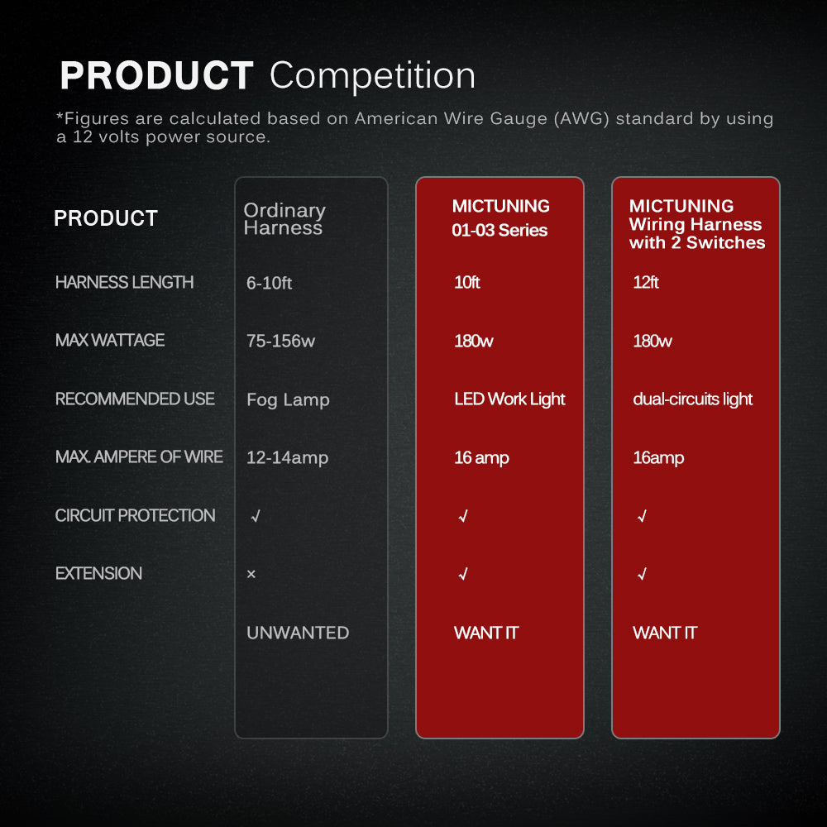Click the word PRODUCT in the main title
156,75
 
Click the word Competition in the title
372,75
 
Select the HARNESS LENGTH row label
125,282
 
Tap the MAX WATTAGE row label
110,340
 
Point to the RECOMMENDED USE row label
135,399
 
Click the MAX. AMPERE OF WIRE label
139,457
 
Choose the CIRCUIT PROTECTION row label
135,515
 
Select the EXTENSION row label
98,573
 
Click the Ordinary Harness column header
284,218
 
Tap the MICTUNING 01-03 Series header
500,218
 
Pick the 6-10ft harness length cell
269,283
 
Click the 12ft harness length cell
646,282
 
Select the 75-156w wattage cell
280,342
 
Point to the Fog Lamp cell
288,399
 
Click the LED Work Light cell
509,399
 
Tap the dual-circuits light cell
692,399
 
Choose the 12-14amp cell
288,458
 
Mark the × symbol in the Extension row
251,574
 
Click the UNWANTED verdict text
298,633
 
